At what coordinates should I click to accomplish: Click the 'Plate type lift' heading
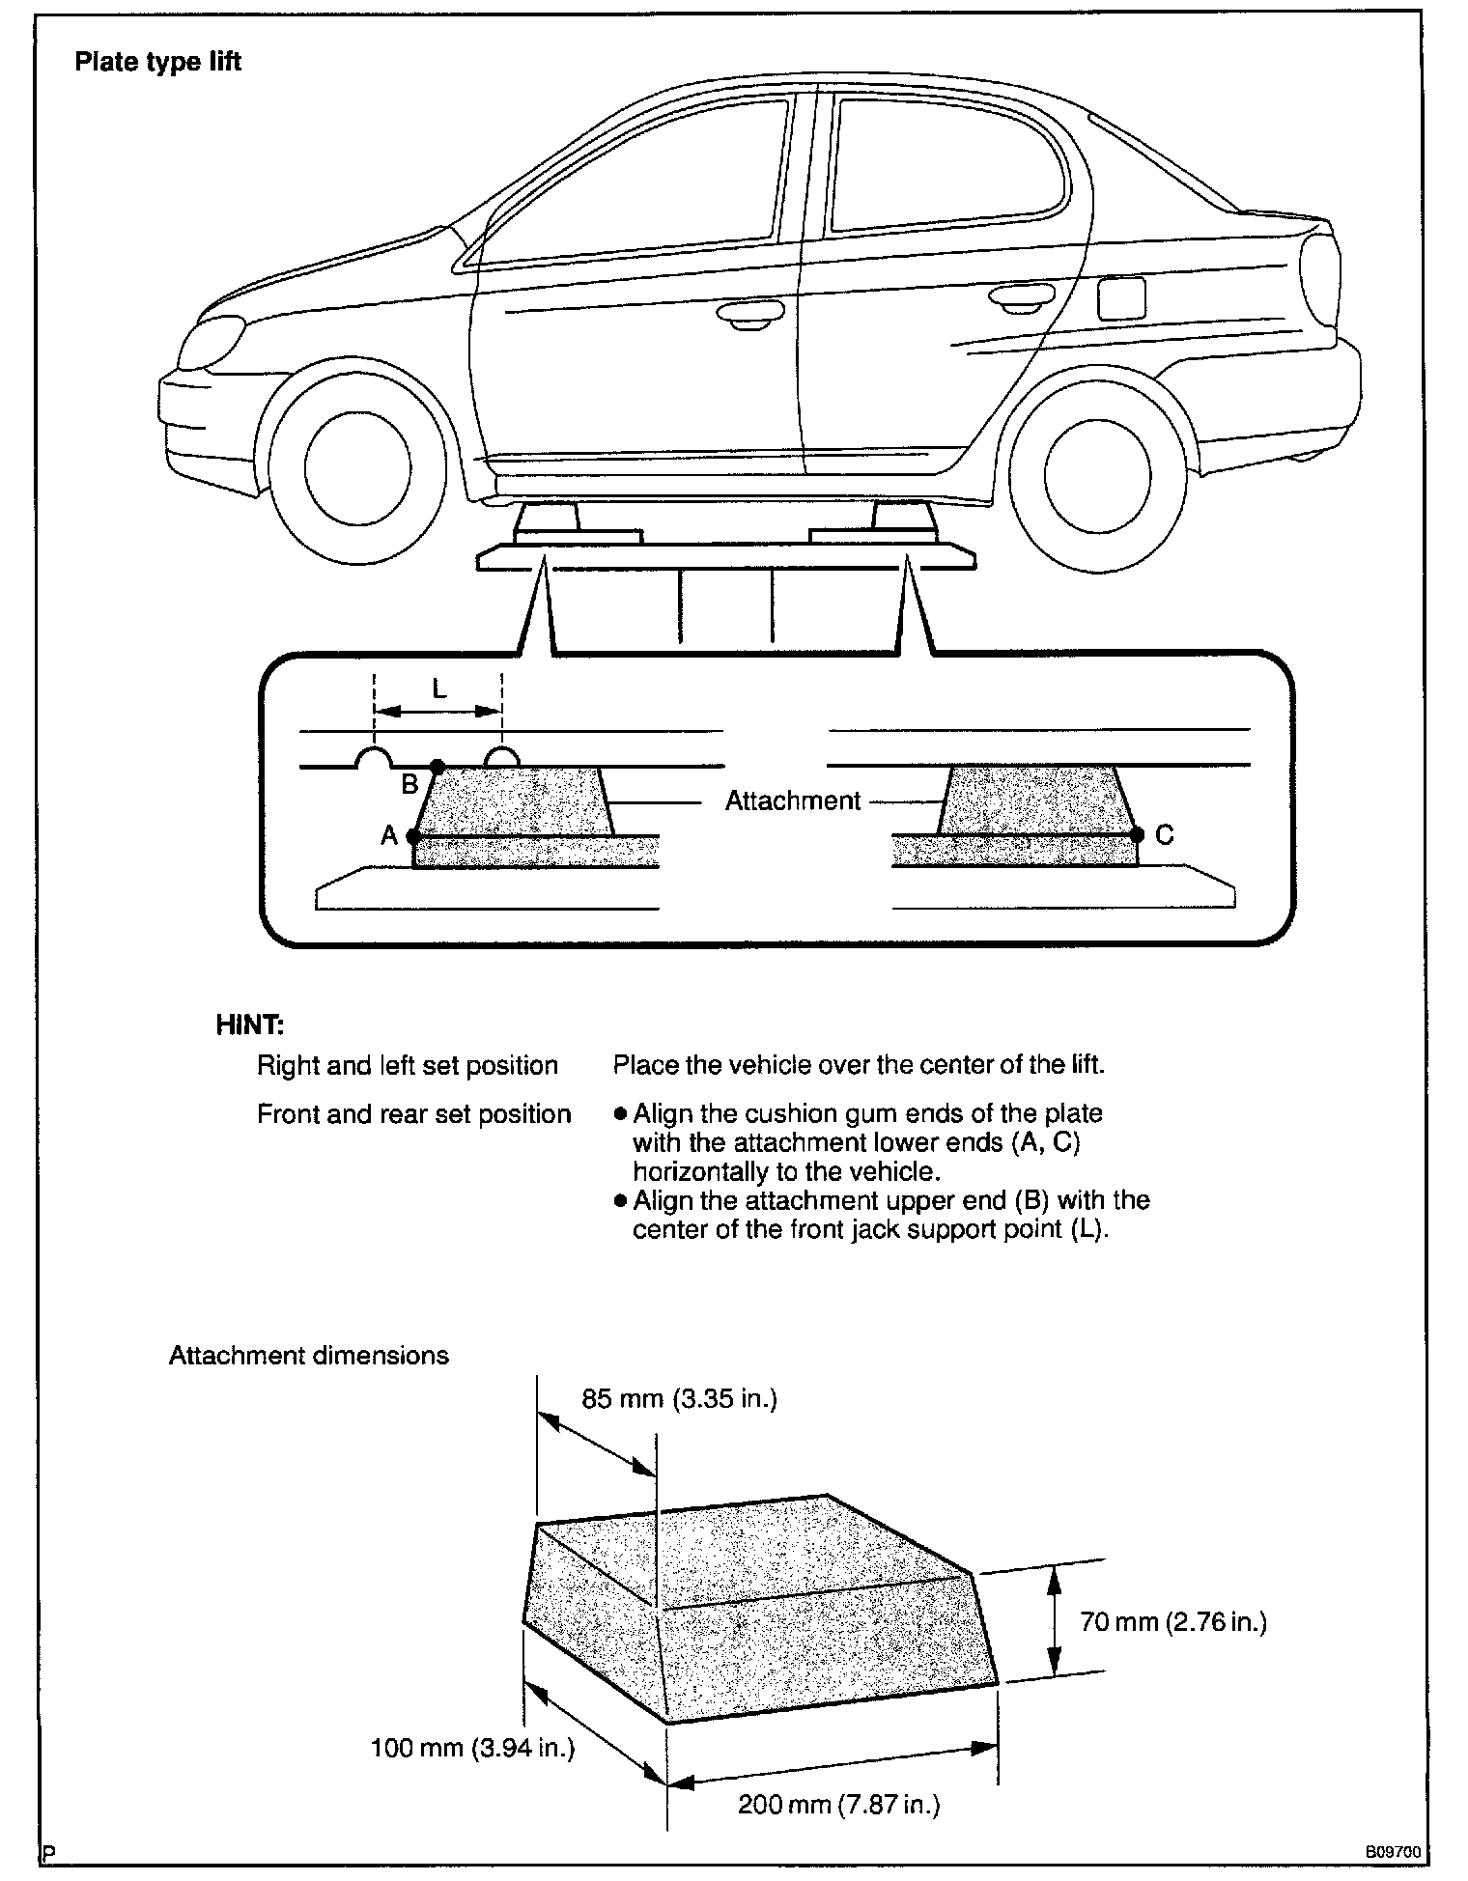click(x=157, y=63)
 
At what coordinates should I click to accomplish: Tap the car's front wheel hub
click(x=357, y=467)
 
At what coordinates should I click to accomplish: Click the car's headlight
click(x=213, y=341)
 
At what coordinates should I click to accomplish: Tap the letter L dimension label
click(x=439, y=688)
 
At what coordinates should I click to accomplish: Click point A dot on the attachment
click(x=413, y=835)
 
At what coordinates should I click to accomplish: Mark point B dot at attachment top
click(x=437, y=767)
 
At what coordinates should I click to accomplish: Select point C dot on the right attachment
click(x=1137, y=834)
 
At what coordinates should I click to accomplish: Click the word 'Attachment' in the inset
click(x=792, y=800)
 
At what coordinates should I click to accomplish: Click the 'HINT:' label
click(x=250, y=1025)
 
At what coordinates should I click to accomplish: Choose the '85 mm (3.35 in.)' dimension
click(x=679, y=1398)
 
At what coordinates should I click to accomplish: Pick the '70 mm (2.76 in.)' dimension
click(x=1173, y=1621)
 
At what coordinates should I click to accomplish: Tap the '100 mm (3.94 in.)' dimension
click(x=472, y=1747)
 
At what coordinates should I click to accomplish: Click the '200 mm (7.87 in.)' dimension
click(x=838, y=1804)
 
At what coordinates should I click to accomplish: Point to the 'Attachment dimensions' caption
click(x=309, y=1355)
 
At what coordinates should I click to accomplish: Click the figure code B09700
click(x=1393, y=1853)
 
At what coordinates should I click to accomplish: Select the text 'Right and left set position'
click(x=408, y=1065)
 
